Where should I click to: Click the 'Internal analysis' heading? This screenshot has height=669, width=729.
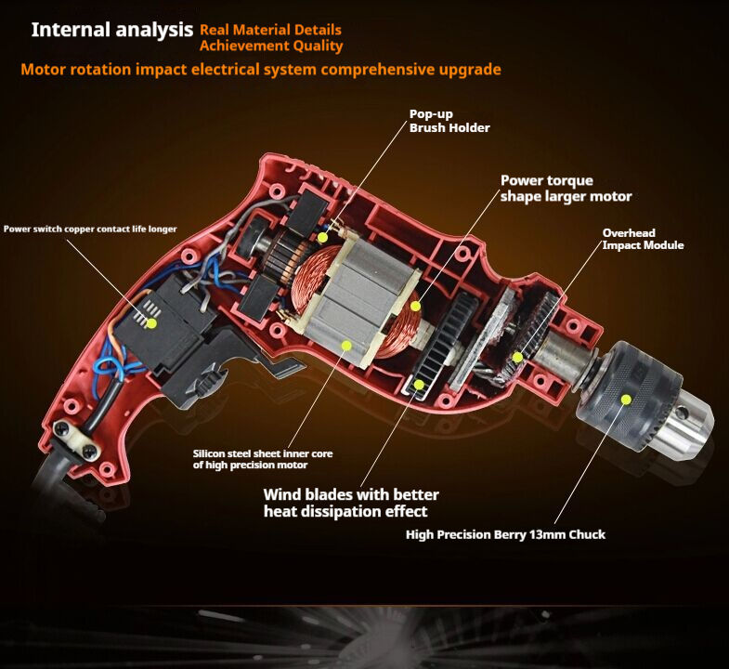[x=112, y=30]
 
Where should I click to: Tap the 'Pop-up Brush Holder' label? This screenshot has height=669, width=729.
[x=449, y=121]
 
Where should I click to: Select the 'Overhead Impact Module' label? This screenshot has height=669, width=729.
[x=643, y=239]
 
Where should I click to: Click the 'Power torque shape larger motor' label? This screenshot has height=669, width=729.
[x=566, y=188]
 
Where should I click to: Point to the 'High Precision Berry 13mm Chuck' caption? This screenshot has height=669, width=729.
[x=505, y=534]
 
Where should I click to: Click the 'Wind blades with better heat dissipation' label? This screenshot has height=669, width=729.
[x=351, y=503]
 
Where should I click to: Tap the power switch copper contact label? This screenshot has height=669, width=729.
[x=90, y=229]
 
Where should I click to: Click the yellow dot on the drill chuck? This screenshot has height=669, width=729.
[x=626, y=399]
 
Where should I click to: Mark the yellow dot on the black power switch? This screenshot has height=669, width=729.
[x=149, y=323]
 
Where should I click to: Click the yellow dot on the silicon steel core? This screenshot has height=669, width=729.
[x=346, y=345]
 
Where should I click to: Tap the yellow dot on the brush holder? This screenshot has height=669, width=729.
[x=322, y=238]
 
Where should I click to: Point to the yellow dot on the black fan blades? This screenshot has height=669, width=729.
[x=419, y=383]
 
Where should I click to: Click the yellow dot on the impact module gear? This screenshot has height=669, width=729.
[x=517, y=356]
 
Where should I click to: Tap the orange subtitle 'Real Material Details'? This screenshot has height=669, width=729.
[x=270, y=31]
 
